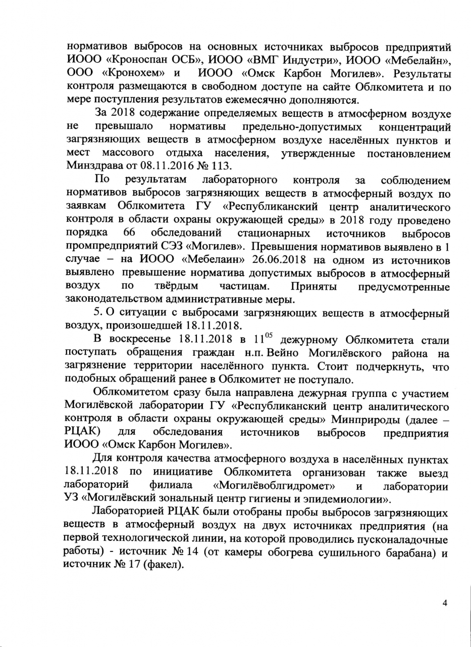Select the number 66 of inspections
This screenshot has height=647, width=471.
point(128,234)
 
